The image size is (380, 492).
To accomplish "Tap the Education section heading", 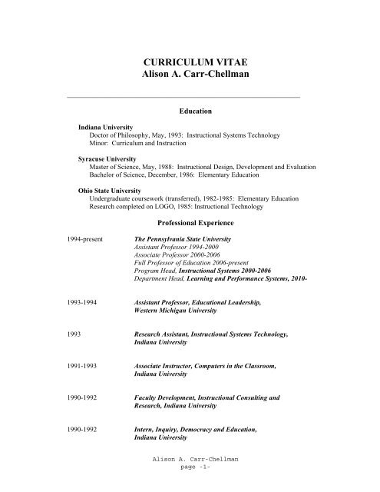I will [195, 111].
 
